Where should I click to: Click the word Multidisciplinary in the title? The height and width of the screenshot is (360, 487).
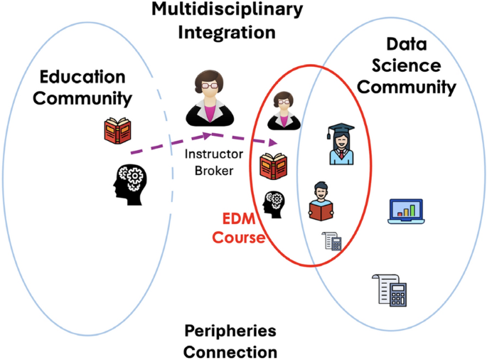(227, 11)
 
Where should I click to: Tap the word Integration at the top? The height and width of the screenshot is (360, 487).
(227, 33)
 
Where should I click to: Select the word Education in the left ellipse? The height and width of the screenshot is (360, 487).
(82, 77)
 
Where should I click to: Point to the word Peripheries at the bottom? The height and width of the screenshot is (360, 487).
(230, 332)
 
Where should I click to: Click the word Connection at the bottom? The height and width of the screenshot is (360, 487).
(230, 351)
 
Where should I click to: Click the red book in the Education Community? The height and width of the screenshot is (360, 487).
(117, 131)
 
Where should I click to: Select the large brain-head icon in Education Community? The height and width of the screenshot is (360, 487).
(131, 182)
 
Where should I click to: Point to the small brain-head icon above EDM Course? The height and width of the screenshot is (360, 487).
(274, 204)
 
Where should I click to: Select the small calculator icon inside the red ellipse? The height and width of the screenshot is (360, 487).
(332, 241)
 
